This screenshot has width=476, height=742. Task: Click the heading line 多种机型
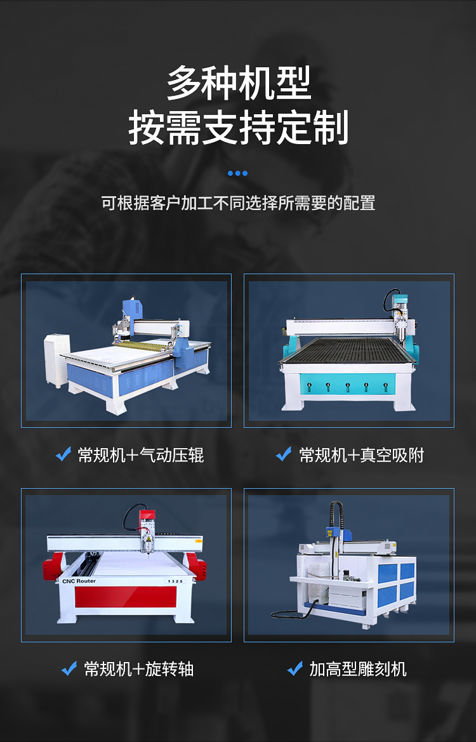click(239, 83)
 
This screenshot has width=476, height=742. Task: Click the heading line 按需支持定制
click(239, 127)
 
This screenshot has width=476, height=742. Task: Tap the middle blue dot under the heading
click(237, 173)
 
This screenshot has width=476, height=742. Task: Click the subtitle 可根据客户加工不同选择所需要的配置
click(238, 203)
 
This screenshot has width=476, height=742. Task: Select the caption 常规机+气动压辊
click(140, 455)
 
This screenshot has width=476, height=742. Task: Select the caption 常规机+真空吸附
click(362, 455)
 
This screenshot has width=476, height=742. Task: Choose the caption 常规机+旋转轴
click(138, 669)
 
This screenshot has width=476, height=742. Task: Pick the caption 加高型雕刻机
click(358, 669)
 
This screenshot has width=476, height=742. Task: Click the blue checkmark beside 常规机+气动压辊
click(63, 454)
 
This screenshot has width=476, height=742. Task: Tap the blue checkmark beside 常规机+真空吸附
click(284, 454)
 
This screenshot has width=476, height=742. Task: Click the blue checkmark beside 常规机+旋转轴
click(69, 668)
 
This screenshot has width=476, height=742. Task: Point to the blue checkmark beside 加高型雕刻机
click(294, 668)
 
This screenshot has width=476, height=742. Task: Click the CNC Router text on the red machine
click(79, 581)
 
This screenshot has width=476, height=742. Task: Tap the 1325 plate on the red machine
click(175, 581)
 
